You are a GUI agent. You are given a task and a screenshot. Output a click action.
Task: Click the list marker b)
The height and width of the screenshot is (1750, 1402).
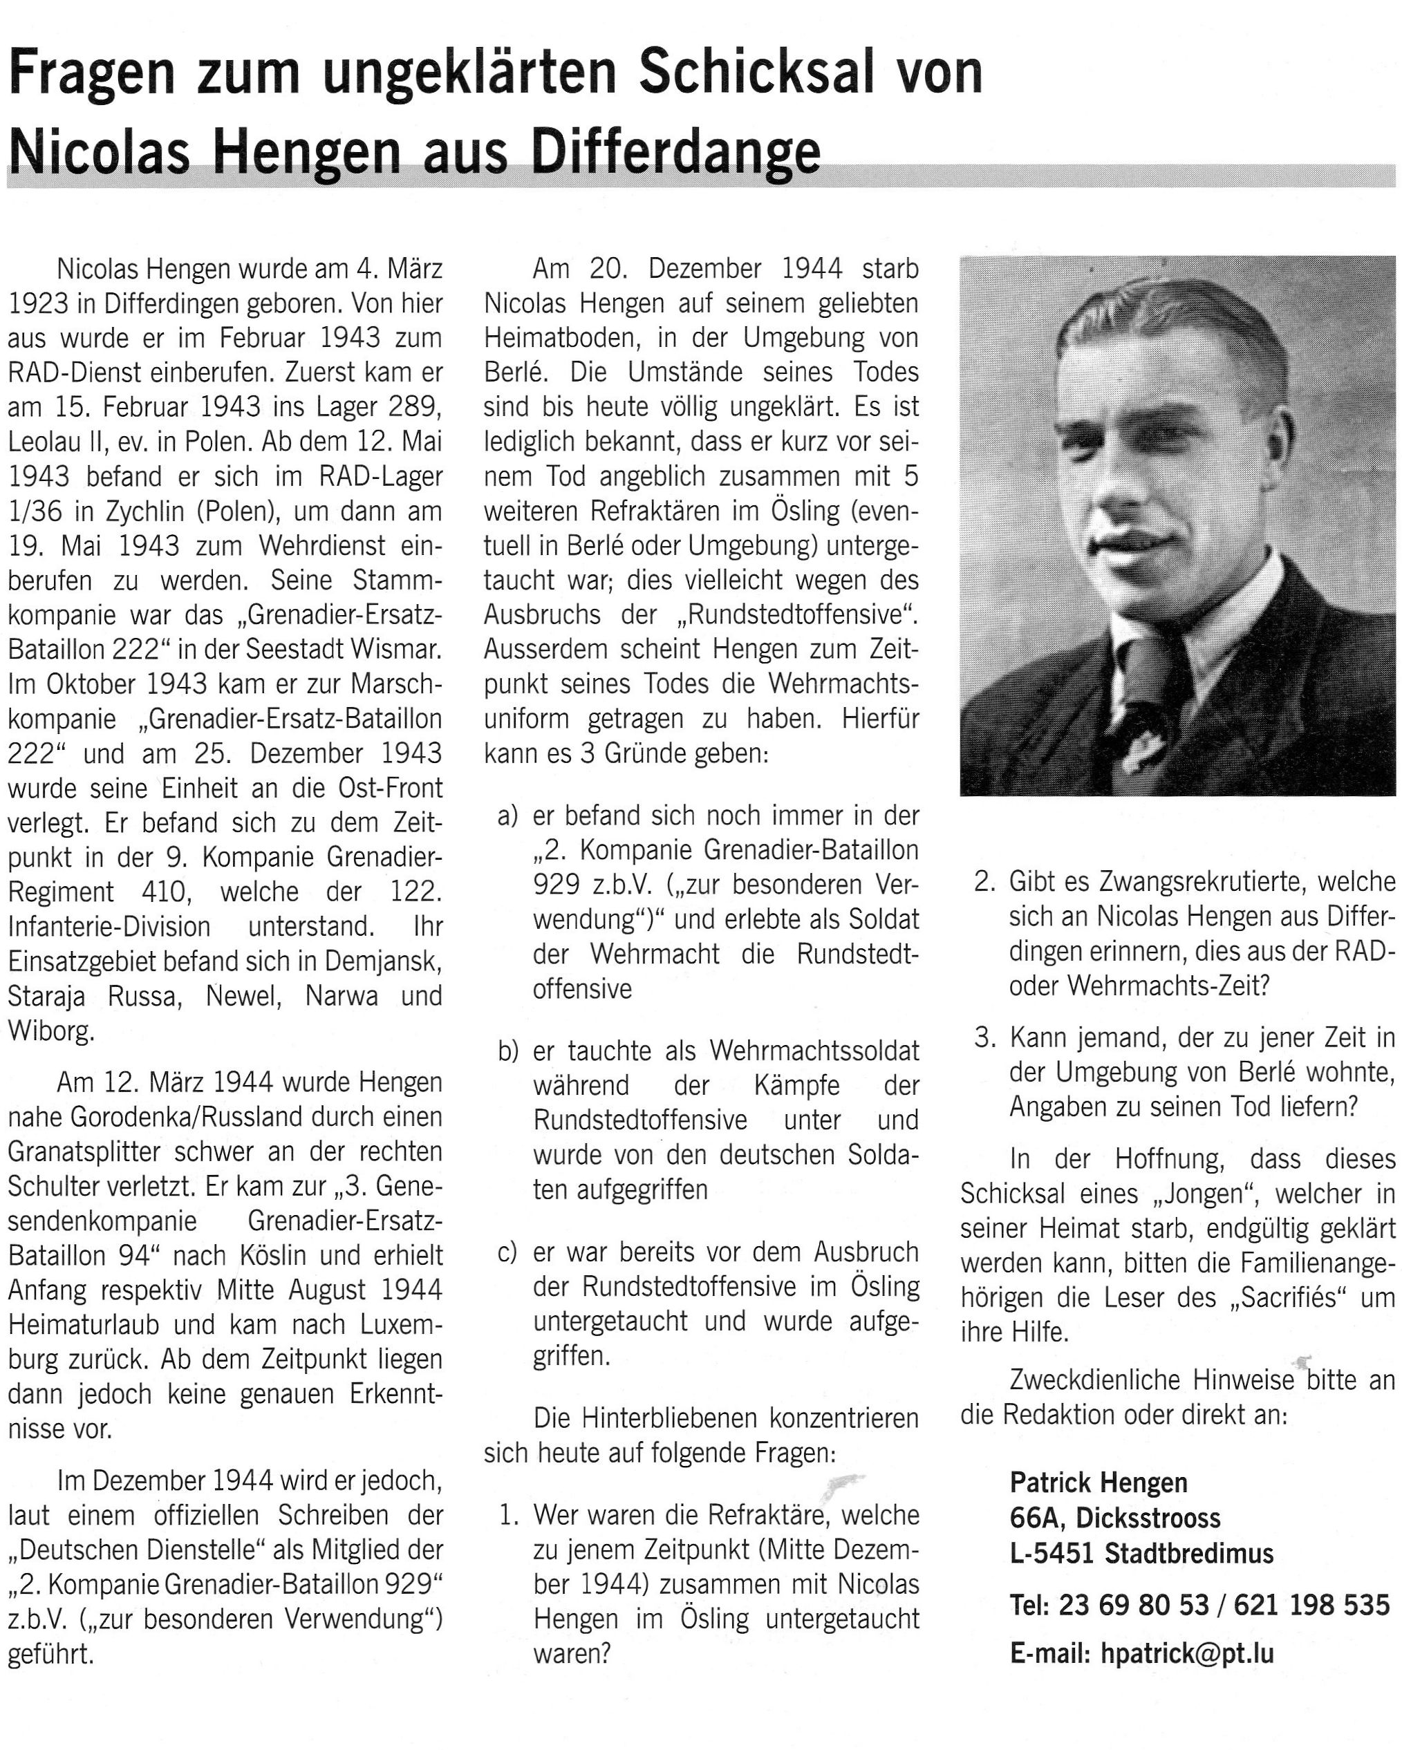pos(508,1051)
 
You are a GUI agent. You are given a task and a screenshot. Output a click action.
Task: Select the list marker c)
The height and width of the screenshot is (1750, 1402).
pos(508,1252)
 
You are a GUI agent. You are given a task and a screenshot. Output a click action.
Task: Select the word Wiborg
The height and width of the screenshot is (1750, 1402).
pos(51,1031)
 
